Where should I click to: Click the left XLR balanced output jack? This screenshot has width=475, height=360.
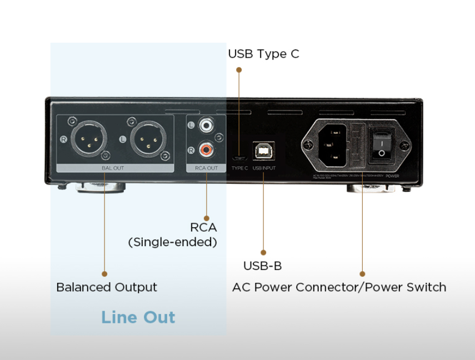tap(88, 139)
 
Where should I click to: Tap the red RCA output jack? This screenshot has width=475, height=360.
tap(207, 149)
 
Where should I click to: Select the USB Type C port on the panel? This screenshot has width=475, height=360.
tap(239, 157)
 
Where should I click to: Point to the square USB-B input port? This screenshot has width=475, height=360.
tap(264, 151)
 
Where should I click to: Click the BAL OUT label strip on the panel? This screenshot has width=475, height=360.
tap(113, 168)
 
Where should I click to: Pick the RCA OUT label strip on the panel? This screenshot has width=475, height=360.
tap(206, 168)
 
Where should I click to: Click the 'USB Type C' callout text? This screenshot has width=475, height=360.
tap(263, 54)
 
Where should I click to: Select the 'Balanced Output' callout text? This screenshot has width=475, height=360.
tap(107, 287)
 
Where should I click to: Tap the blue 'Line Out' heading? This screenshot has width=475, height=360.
tap(138, 317)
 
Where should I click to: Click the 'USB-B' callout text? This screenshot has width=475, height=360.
tap(263, 266)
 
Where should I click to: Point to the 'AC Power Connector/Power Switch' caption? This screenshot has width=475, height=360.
tap(339, 287)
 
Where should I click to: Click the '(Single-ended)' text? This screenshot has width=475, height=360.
tap(173, 242)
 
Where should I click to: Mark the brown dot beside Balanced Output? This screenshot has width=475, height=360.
tap(104, 273)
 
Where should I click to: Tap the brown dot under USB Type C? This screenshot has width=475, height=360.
tap(239, 70)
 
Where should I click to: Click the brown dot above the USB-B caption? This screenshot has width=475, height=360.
tap(263, 252)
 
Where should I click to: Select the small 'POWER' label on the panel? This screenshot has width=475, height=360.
tap(392, 176)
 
